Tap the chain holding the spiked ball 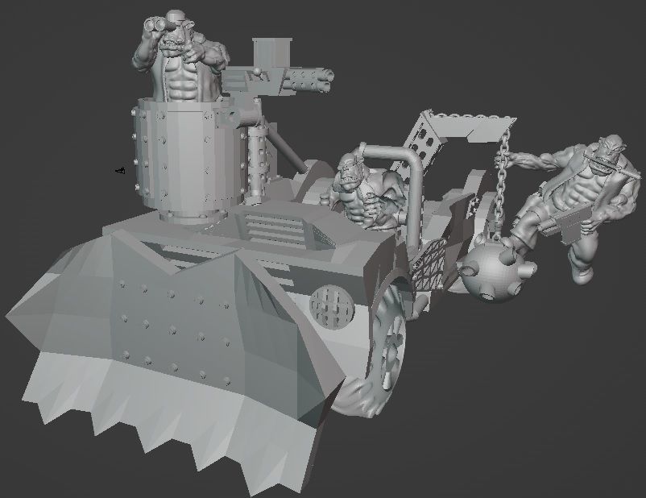504,185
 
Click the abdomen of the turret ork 183,81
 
